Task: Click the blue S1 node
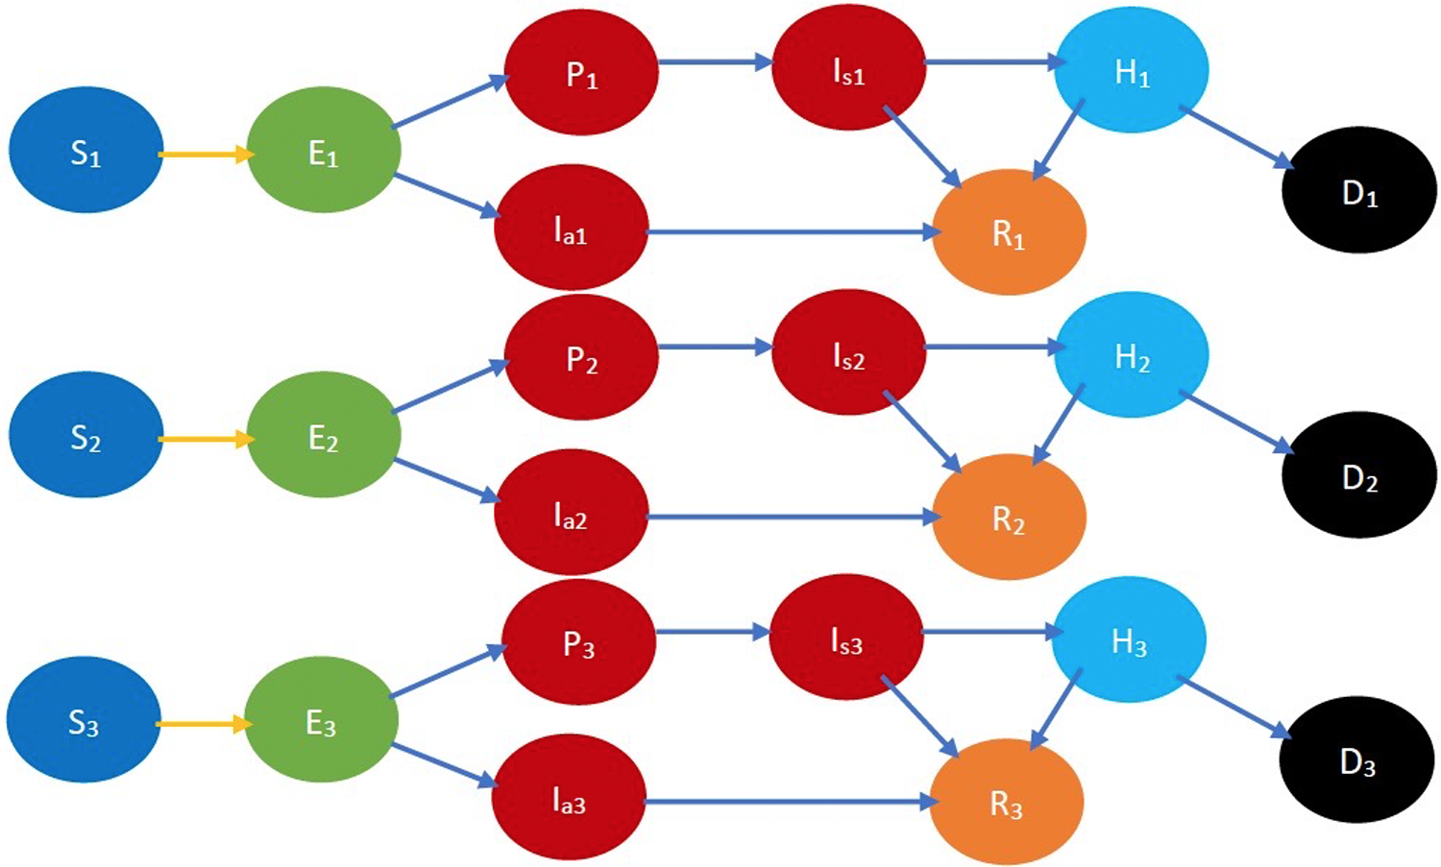(x=85, y=150)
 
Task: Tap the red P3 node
(x=578, y=641)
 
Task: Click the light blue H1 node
(x=1131, y=69)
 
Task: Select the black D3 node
(x=1356, y=759)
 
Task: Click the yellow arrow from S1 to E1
(x=205, y=154)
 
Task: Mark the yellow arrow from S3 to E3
(x=202, y=724)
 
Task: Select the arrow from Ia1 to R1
(x=793, y=232)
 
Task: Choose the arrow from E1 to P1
(x=450, y=102)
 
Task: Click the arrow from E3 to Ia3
(x=445, y=766)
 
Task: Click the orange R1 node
(x=1009, y=232)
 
